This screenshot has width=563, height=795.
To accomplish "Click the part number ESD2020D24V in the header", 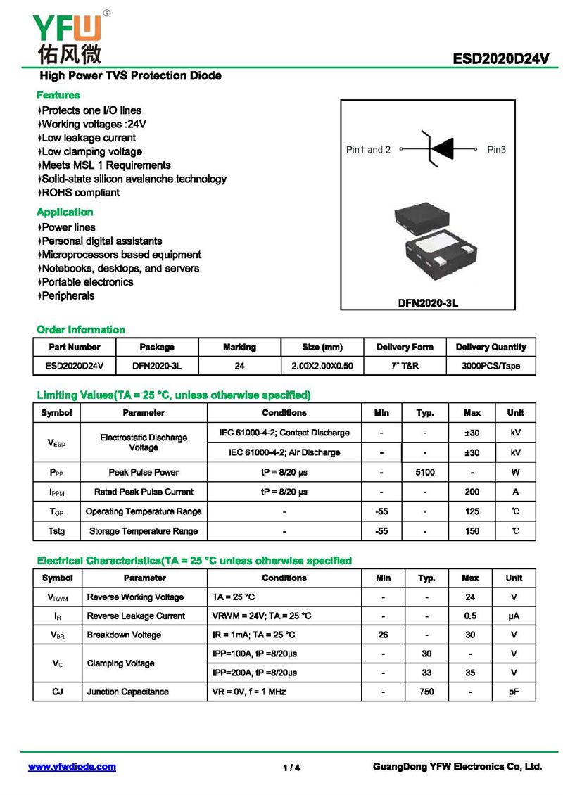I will [x=501, y=60].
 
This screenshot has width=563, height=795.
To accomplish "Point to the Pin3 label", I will [x=496, y=150].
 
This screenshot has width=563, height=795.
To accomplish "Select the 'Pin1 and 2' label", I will [x=368, y=150].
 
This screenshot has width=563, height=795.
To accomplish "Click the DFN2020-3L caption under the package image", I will [x=428, y=303].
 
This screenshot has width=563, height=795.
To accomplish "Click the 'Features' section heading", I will [x=58, y=95].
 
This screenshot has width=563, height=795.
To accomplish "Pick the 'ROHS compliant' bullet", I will [x=80, y=193].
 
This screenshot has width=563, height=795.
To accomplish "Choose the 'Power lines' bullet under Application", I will [x=68, y=227].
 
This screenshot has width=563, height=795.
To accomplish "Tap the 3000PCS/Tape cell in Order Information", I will [x=491, y=366].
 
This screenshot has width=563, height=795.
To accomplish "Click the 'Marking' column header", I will [x=239, y=347].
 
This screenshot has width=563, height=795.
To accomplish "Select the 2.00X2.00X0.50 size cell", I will [x=322, y=366].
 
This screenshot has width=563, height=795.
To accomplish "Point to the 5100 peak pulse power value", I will [x=425, y=472].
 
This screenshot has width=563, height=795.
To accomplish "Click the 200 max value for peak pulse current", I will [x=472, y=492].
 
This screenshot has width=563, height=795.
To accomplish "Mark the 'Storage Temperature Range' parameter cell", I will [x=144, y=531].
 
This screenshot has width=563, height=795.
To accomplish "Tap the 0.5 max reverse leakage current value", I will [x=470, y=616].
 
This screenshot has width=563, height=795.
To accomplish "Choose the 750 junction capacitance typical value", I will [x=426, y=692].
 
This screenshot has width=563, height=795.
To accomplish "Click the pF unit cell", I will [x=514, y=692].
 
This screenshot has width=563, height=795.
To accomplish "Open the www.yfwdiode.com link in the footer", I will [x=72, y=767].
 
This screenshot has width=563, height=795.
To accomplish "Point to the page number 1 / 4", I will [x=291, y=768].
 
